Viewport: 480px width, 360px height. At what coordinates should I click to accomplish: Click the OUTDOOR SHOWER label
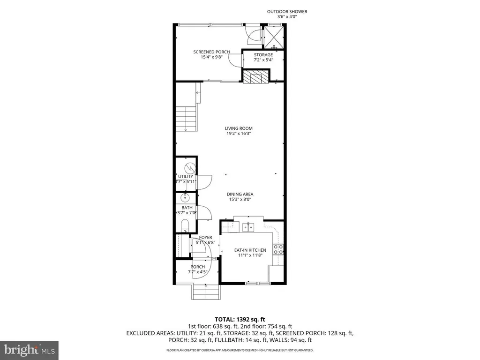pyautogui.click(x=287, y=12)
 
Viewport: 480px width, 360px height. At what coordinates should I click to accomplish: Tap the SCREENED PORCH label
pyautogui.click(x=212, y=52)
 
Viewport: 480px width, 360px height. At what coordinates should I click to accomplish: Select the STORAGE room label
pyautogui.click(x=263, y=55)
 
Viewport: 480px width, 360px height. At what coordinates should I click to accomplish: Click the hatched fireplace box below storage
pyautogui.click(x=256, y=76)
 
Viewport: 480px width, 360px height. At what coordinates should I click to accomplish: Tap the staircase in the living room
pyautogui.click(x=186, y=119)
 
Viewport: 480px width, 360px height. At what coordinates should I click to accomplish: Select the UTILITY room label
pyautogui.click(x=185, y=177)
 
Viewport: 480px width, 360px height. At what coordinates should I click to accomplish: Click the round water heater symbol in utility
pyautogui.click(x=188, y=167)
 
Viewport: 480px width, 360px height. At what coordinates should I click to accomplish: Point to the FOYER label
pyautogui.click(x=206, y=238)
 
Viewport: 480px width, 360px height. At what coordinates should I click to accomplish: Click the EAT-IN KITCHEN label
pyautogui.click(x=250, y=250)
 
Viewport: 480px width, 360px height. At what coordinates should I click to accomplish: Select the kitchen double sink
pyautogui.click(x=248, y=227)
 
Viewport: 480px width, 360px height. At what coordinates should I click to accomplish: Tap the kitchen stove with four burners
pyautogui.click(x=279, y=249)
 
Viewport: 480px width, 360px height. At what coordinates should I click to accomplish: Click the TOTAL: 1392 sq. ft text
pyautogui.click(x=240, y=317)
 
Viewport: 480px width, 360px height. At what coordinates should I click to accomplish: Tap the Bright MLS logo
pyautogui.click(x=29, y=350)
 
